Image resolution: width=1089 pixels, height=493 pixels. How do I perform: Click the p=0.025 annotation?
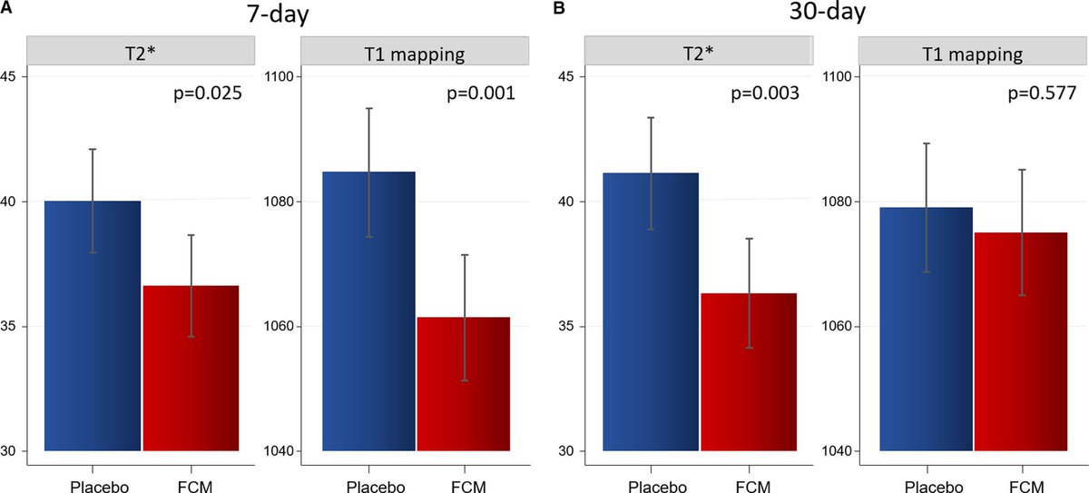[206, 93]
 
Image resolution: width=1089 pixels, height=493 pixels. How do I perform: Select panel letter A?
[6, 8]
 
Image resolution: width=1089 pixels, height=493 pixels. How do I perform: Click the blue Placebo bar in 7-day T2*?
[93, 327]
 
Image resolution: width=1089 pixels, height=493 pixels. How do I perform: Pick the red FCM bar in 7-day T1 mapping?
[464, 386]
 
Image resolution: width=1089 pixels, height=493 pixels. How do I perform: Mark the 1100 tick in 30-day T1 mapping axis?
[837, 76]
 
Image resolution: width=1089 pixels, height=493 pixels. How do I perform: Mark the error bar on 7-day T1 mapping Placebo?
[368, 172]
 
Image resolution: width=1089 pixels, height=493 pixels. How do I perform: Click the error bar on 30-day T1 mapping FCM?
[1022, 232]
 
